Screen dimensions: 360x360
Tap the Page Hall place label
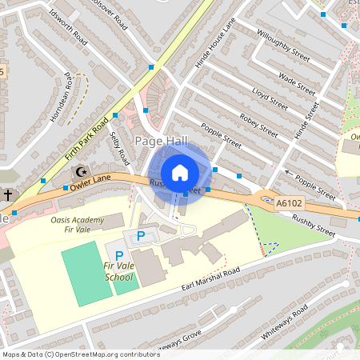pyautogui.click(x=160, y=141)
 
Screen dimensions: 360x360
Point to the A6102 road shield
pyautogui.click(x=288, y=205)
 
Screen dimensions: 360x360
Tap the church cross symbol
pyautogui.click(x=7, y=194)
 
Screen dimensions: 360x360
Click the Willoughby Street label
pyautogui.click(x=282, y=46)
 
